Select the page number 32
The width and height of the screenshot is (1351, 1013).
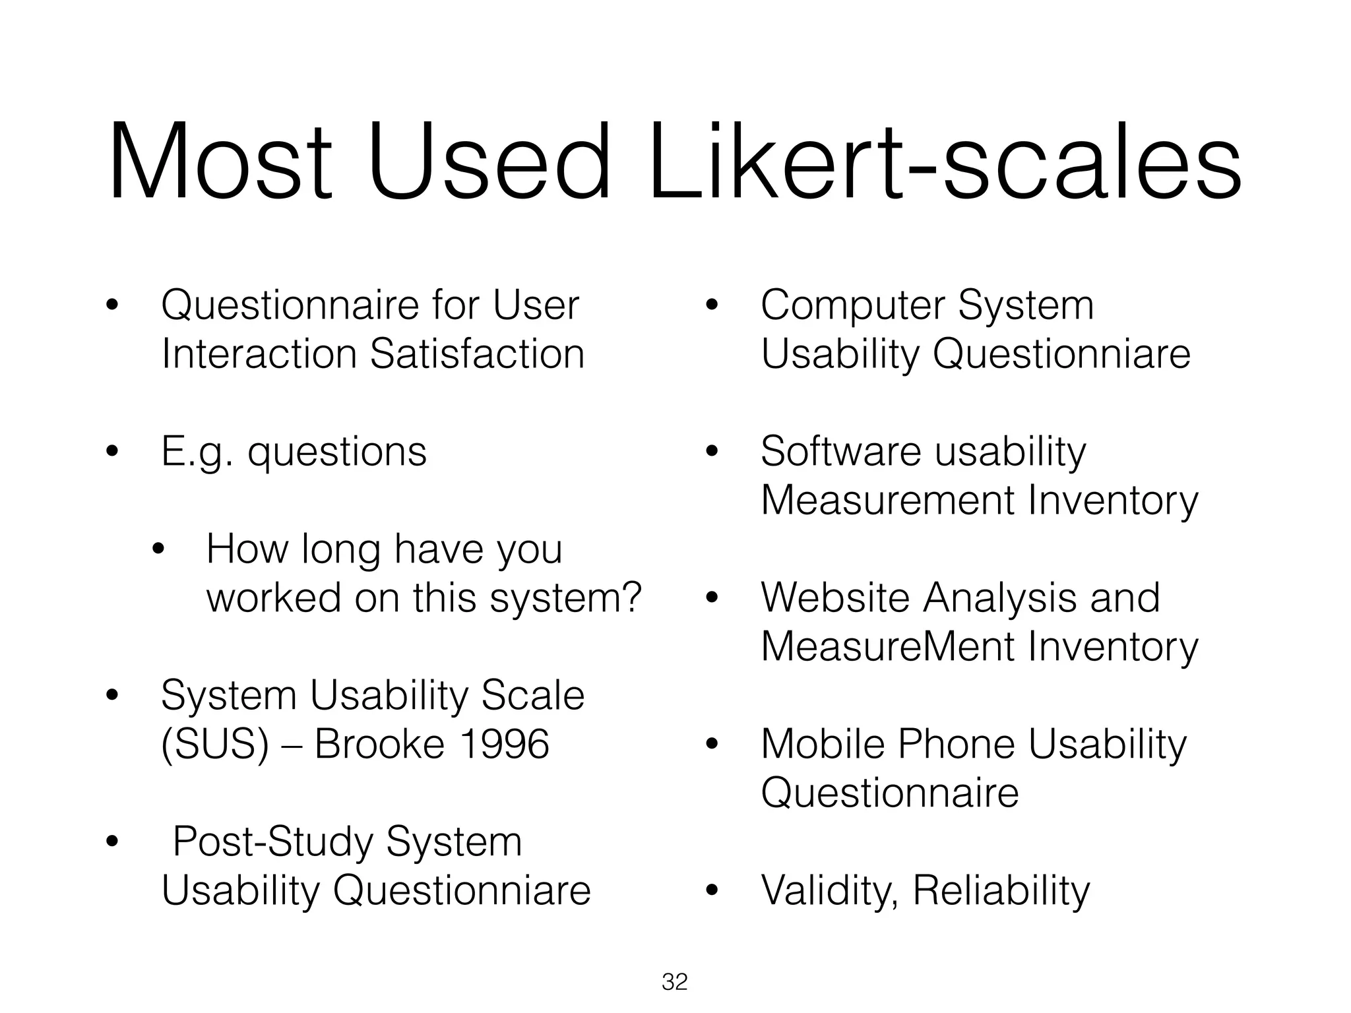point(675,982)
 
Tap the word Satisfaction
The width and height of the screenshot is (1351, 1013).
point(477,353)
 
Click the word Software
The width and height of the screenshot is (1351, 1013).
point(840,452)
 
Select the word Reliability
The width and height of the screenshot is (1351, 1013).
point(1001,891)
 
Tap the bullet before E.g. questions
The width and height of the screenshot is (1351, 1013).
point(111,452)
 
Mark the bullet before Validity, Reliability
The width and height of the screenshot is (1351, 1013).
point(710,891)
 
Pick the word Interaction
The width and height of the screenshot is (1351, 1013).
point(259,353)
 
